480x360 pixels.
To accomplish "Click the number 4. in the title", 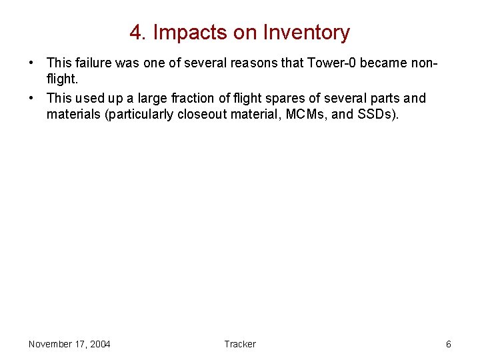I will coord(138,32).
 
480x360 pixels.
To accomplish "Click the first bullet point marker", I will coord(32,63).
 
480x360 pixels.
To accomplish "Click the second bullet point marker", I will coord(32,99).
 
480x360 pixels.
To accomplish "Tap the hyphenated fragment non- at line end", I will coord(425,63).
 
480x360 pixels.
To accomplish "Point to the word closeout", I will coord(201,115).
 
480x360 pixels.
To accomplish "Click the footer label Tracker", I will coord(239,344).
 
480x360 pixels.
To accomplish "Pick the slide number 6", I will coord(448,344).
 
